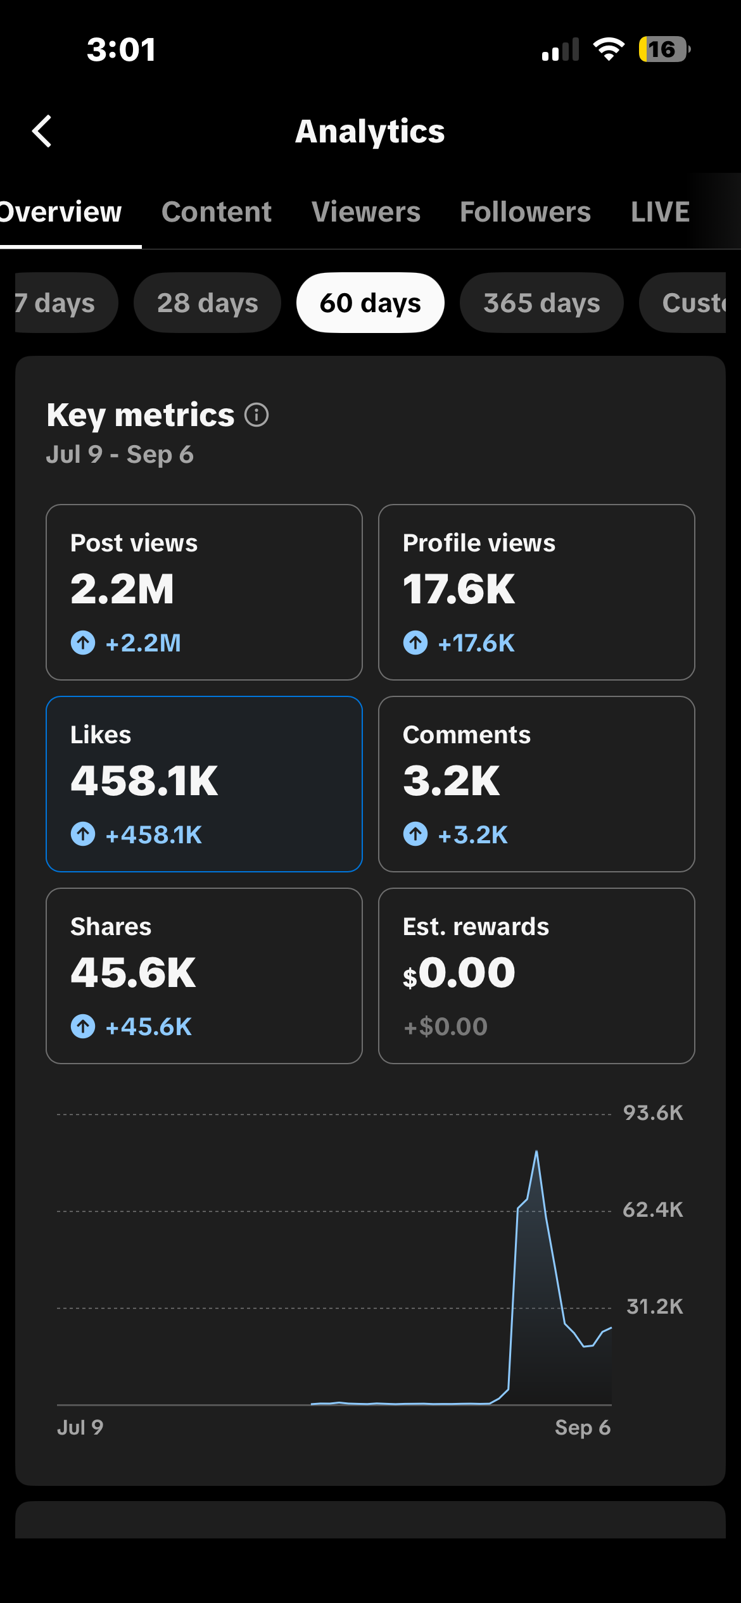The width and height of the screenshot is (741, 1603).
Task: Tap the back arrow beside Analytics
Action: coord(42,131)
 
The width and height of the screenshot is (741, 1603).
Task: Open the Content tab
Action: coord(216,211)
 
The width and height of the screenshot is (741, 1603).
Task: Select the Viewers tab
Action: coord(366,211)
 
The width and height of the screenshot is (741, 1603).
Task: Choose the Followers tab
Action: coord(525,211)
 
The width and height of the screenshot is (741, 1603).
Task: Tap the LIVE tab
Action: coord(660,211)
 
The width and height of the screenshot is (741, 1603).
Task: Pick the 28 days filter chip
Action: coord(207,303)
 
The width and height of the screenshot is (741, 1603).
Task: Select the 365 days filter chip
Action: coord(541,303)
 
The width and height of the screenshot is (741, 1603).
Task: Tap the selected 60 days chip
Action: coord(370,303)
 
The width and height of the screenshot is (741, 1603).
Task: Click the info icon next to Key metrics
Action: coord(256,415)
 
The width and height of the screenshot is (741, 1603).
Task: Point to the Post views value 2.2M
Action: coord(122,589)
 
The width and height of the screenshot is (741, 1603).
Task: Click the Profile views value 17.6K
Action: coord(459,589)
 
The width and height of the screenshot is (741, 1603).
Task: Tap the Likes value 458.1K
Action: coord(144,781)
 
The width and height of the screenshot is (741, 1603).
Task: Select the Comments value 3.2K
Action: coord(451,781)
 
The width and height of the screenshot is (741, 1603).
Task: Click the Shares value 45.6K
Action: coord(133,972)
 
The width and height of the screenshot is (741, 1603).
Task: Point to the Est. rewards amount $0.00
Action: coord(459,972)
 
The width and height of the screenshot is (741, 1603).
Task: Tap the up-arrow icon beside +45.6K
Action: coord(83,1026)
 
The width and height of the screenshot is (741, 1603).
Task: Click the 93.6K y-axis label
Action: coord(653,1112)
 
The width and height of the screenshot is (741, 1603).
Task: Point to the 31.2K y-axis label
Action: coord(654,1306)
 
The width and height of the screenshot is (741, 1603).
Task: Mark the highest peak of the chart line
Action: coord(536,1151)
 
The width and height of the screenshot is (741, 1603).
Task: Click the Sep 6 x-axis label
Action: coord(583,1427)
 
